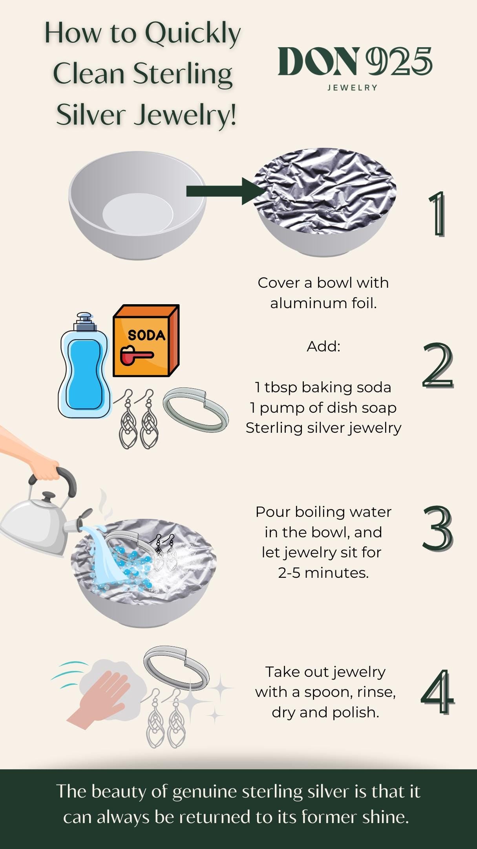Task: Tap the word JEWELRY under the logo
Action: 353,88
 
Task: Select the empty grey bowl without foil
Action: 137,205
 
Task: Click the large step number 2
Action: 438,366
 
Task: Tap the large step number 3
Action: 438,528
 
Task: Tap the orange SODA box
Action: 146,341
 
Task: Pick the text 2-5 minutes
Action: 323,573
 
